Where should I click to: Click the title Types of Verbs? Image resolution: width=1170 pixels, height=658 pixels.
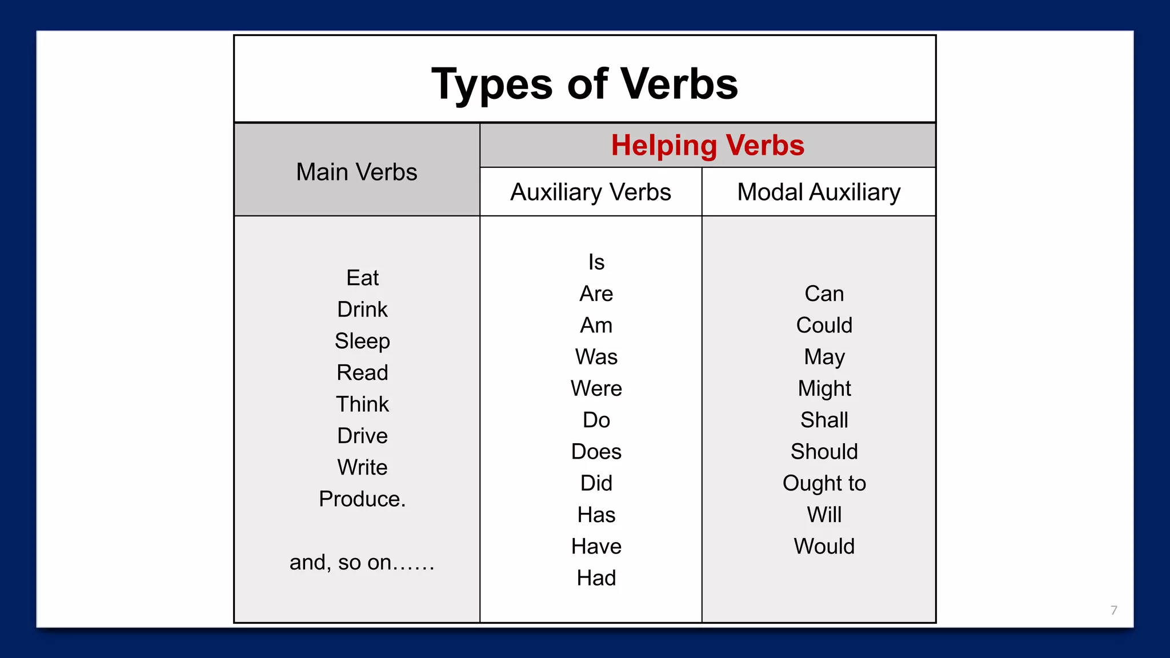(x=584, y=84)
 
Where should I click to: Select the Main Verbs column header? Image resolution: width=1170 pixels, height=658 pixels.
(x=356, y=172)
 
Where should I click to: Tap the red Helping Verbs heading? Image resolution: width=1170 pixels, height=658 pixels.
(x=707, y=145)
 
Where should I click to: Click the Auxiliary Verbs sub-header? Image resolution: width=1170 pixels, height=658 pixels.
(x=590, y=192)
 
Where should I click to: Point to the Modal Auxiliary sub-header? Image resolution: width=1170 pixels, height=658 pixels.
(x=819, y=192)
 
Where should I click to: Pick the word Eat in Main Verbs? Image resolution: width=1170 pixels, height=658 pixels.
(x=362, y=278)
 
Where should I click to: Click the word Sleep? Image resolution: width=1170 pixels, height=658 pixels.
(x=362, y=341)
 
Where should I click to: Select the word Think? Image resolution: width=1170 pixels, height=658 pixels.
(x=362, y=404)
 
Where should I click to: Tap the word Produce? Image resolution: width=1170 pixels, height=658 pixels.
(x=362, y=499)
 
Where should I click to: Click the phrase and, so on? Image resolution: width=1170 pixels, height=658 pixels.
(x=362, y=563)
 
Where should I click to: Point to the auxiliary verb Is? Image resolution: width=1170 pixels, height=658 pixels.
(x=596, y=262)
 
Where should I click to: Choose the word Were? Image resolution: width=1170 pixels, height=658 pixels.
(x=596, y=388)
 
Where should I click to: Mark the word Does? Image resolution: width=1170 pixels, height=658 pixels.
(x=596, y=452)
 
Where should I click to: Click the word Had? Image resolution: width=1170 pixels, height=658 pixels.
(x=596, y=578)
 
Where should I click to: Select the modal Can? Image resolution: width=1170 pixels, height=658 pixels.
(x=824, y=294)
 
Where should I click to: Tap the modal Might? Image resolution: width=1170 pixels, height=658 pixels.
(x=824, y=388)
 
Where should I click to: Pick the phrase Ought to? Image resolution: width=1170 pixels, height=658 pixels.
(x=824, y=483)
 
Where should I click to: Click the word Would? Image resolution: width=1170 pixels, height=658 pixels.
(x=824, y=547)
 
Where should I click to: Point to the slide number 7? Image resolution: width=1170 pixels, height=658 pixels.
(x=1113, y=610)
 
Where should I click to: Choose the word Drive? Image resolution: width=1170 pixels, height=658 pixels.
(x=362, y=436)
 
